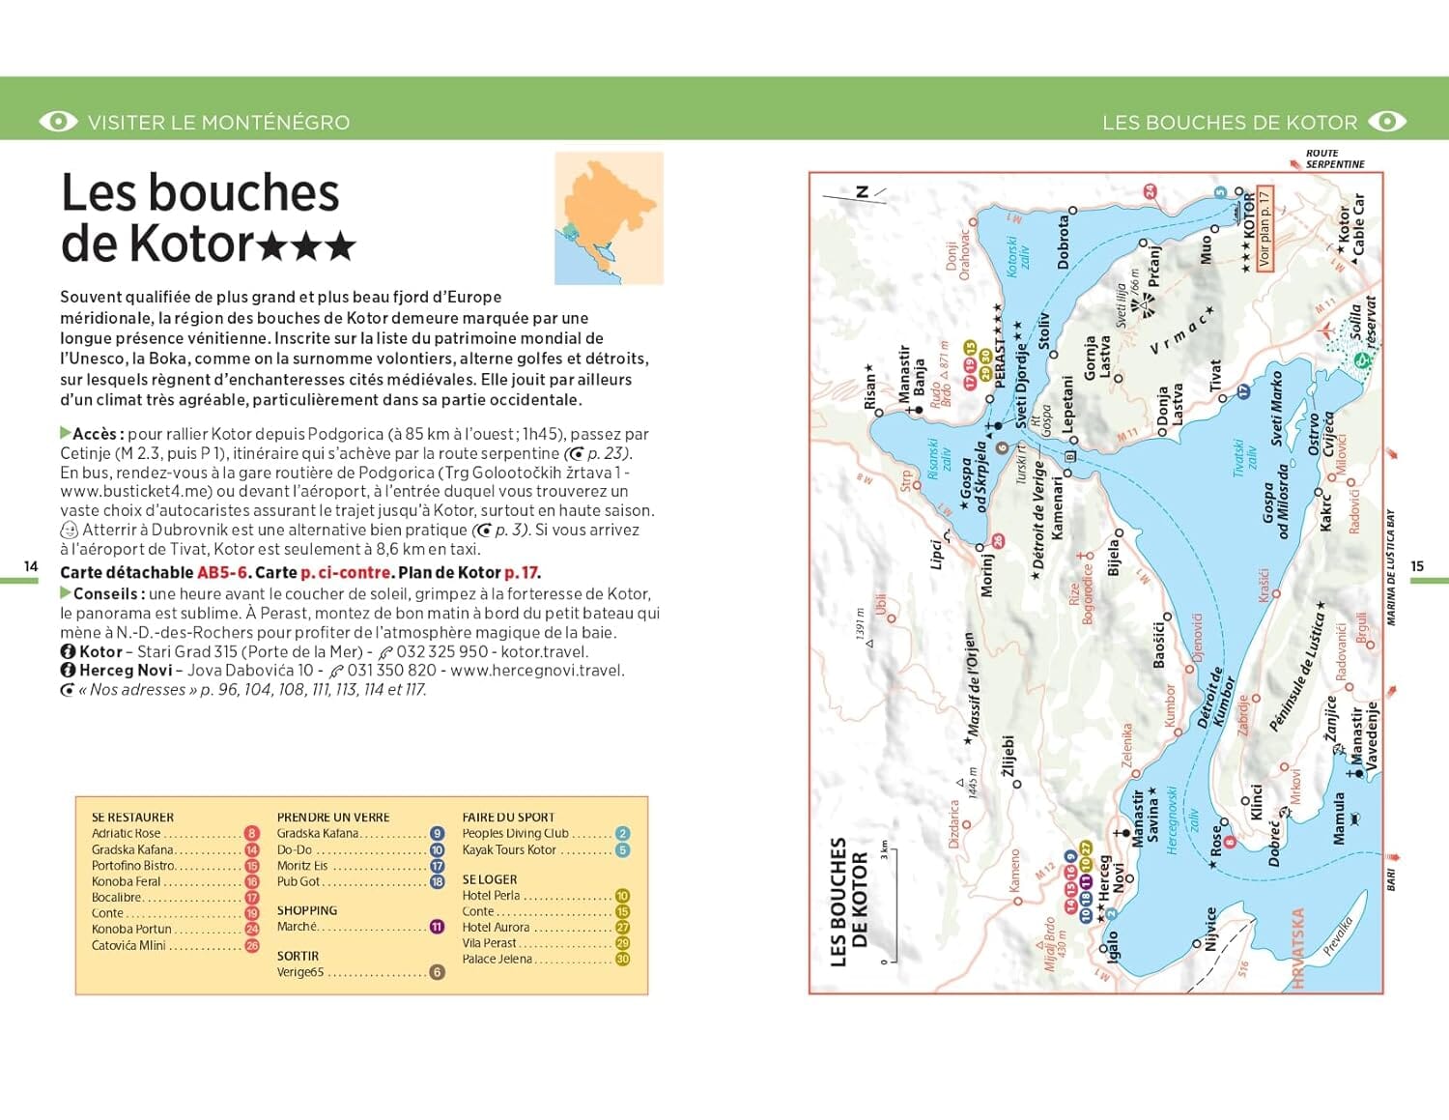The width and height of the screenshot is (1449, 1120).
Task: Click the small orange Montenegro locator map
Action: (x=609, y=218)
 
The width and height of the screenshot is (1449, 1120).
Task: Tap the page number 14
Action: (x=31, y=566)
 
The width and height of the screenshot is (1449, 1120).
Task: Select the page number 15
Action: (x=1417, y=566)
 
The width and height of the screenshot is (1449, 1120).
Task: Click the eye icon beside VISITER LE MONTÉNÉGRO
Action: (x=58, y=122)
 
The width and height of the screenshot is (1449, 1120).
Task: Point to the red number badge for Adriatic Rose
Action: (x=252, y=833)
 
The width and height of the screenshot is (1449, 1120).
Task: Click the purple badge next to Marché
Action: (x=437, y=927)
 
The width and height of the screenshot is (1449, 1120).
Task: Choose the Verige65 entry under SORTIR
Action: (x=300, y=972)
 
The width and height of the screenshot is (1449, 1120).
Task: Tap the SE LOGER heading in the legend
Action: (x=490, y=879)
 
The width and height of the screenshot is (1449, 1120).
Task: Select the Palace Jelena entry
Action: (x=497, y=959)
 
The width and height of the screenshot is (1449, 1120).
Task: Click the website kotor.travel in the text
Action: (x=544, y=651)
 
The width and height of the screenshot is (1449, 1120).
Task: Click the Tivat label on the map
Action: (x=1215, y=377)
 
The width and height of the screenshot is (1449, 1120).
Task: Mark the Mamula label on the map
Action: (x=1339, y=818)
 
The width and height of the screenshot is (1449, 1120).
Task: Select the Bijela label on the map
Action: (x=1113, y=559)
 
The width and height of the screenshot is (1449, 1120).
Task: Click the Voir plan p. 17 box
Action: (x=1264, y=228)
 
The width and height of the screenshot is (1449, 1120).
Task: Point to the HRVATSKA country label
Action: (x=1297, y=948)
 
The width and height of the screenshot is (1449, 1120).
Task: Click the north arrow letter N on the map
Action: (x=863, y=192)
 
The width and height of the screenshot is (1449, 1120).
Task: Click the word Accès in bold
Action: (x=96, y=434)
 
